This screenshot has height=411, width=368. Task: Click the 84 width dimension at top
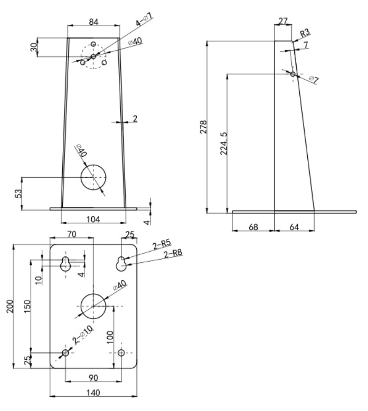[x=93, y=22]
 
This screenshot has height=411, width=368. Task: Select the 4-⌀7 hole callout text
[x=144, y=20]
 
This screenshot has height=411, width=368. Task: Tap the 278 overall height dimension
[x=204, y=127]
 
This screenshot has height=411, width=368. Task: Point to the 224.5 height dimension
[x=223, y=144]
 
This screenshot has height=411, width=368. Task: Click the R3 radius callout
[x=305, y=33]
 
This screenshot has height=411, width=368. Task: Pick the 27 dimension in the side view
[x=283, y=21]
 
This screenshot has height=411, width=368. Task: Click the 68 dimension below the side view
[x=253, y=227]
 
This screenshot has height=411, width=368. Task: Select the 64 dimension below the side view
[x=294, y=227]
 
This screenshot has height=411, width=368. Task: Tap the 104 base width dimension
[x=93, y=219]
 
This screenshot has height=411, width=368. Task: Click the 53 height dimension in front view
[x=19, y=194]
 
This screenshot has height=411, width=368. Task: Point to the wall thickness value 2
[x=135, y=119]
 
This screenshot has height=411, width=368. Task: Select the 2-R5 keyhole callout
[x=162, y=245]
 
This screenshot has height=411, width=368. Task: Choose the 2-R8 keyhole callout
[x=173, y=254]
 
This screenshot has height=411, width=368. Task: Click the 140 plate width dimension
[x=93, y=393]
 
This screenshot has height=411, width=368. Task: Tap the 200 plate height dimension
[x=10, y=306]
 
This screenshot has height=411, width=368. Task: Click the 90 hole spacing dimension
[x=93, y=378]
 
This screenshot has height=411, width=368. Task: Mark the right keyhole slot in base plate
[x=121, y=264]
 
